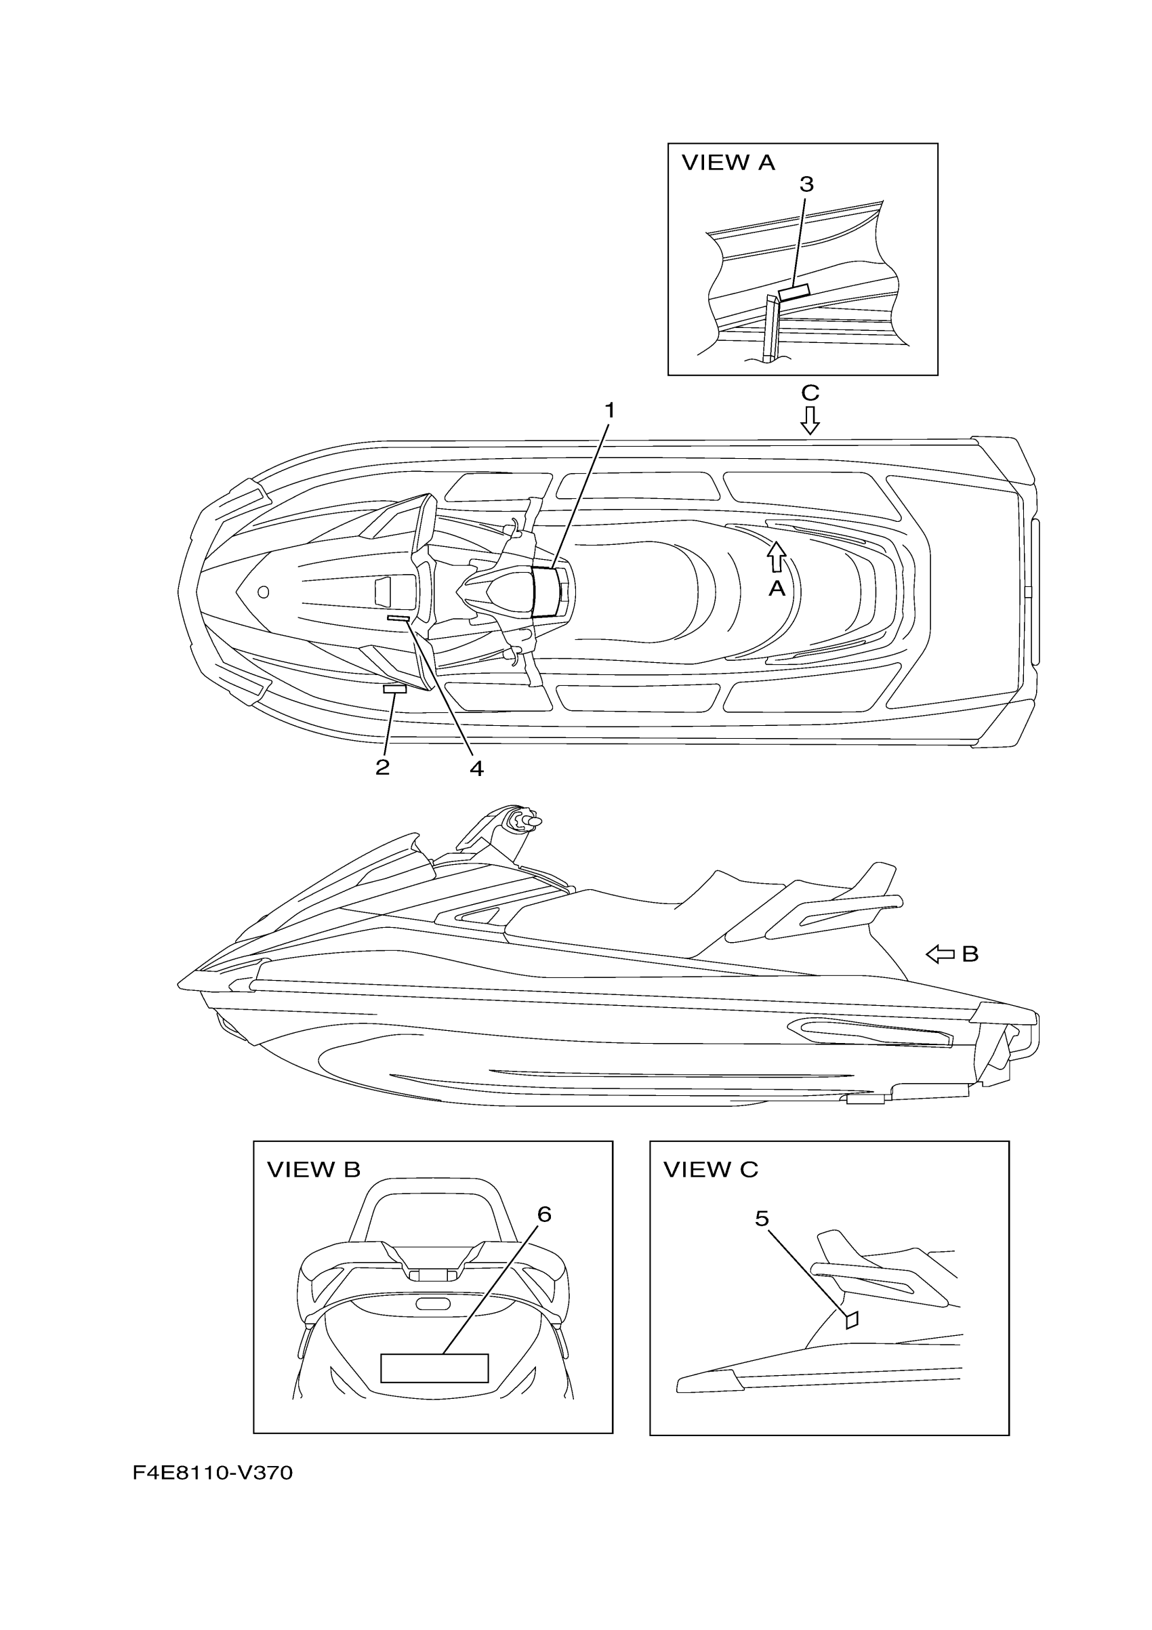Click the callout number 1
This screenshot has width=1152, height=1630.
pos(609,411)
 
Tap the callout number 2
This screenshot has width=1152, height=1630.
pos(383,767)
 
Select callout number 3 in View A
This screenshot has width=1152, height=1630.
pos(806,184)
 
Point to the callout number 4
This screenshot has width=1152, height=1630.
pos(476,768)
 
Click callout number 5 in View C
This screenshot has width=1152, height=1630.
pos(762,1219)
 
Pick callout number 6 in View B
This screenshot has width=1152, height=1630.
pos(543,1215)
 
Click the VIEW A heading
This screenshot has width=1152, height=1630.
pos(728,163)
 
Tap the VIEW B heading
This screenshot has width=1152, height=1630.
pos(314,1170)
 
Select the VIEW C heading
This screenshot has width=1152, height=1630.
pos(710,1170)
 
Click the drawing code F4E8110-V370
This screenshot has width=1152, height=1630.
pos(212,1473)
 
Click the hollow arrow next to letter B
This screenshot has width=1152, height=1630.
pos(941,955)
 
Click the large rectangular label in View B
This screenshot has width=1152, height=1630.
pos(434,1367)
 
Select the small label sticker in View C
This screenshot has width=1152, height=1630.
pos(852,1320)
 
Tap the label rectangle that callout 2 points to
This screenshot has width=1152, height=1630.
pos(394,689)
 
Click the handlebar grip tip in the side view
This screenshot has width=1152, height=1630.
pos(535,821)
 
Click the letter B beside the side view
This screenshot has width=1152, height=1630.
pos(970,954)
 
